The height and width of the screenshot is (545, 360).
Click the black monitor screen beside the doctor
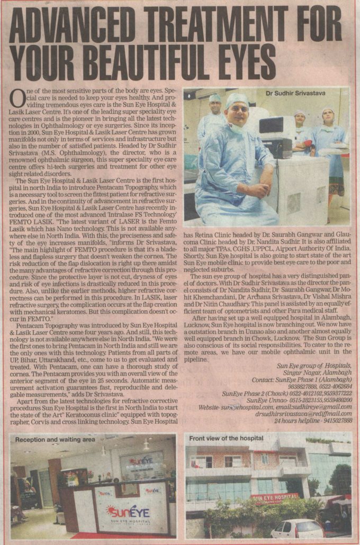[277, 125]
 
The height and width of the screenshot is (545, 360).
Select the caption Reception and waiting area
[55, 439]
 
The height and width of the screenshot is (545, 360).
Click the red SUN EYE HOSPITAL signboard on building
[274, 497]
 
